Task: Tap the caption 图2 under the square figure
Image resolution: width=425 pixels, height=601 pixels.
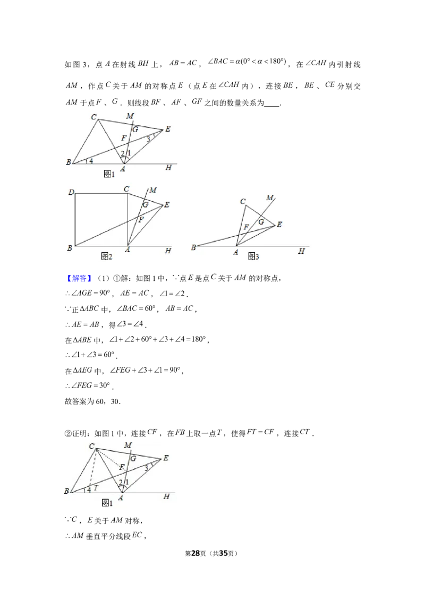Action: coord(107,256)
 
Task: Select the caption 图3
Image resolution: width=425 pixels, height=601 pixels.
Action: coord(253,256)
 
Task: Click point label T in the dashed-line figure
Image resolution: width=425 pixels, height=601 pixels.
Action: coord(96,487)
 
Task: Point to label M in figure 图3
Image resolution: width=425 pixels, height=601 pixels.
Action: coord(270,198)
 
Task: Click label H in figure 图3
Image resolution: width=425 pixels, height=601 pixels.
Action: coord(301,252)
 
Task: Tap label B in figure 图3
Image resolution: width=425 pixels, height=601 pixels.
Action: coord(193,247)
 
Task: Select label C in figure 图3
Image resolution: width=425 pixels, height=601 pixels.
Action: coord(242,201)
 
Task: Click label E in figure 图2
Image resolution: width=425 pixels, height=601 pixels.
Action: coord(167,204)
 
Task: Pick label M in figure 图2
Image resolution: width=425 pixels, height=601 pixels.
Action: coord(153,190)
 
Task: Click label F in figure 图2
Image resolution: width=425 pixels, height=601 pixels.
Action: coord(141,219)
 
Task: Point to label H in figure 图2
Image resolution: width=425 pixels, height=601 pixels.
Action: coord(168,251)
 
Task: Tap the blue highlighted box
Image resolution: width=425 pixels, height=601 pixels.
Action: coord(80,278)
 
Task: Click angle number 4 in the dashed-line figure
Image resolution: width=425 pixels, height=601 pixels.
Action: coord(89,489)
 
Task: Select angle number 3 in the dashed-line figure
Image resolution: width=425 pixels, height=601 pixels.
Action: coord(147,468)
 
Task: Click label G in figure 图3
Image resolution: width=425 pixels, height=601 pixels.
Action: coord(261,221)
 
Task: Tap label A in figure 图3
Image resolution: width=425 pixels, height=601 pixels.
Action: coord(235,252)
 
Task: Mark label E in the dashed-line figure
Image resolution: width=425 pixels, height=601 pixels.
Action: coord(166,458)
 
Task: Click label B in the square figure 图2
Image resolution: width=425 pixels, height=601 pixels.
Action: coord(70,247)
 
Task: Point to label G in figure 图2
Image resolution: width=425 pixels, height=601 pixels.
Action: coord(144,204)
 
